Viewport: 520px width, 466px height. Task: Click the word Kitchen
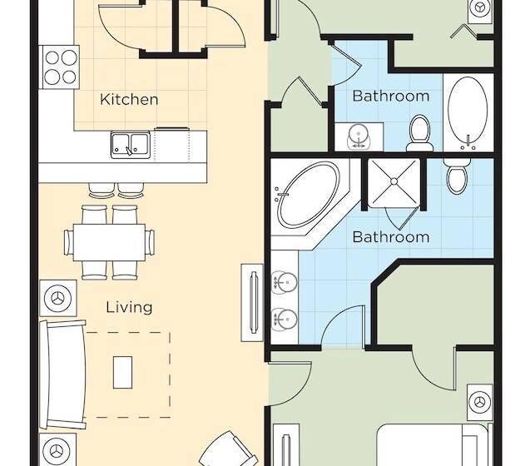coord(129,99)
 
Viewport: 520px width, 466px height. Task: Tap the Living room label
coord(129,307)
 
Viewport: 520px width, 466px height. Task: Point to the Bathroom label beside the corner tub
coord(390,237)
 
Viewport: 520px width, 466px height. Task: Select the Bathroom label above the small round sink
coord(390,96)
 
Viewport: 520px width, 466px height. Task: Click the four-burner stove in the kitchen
coord(60,67)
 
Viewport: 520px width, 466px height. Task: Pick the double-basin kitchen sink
coord(130,145)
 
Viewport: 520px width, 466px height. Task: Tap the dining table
coord(109,242)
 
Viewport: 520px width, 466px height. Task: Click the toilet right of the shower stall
coord(455,177)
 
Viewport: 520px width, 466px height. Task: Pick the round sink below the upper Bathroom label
coord(359,134)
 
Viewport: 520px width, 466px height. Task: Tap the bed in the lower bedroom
coord(433,446)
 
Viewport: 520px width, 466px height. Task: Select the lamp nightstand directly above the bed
coord(479,402)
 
